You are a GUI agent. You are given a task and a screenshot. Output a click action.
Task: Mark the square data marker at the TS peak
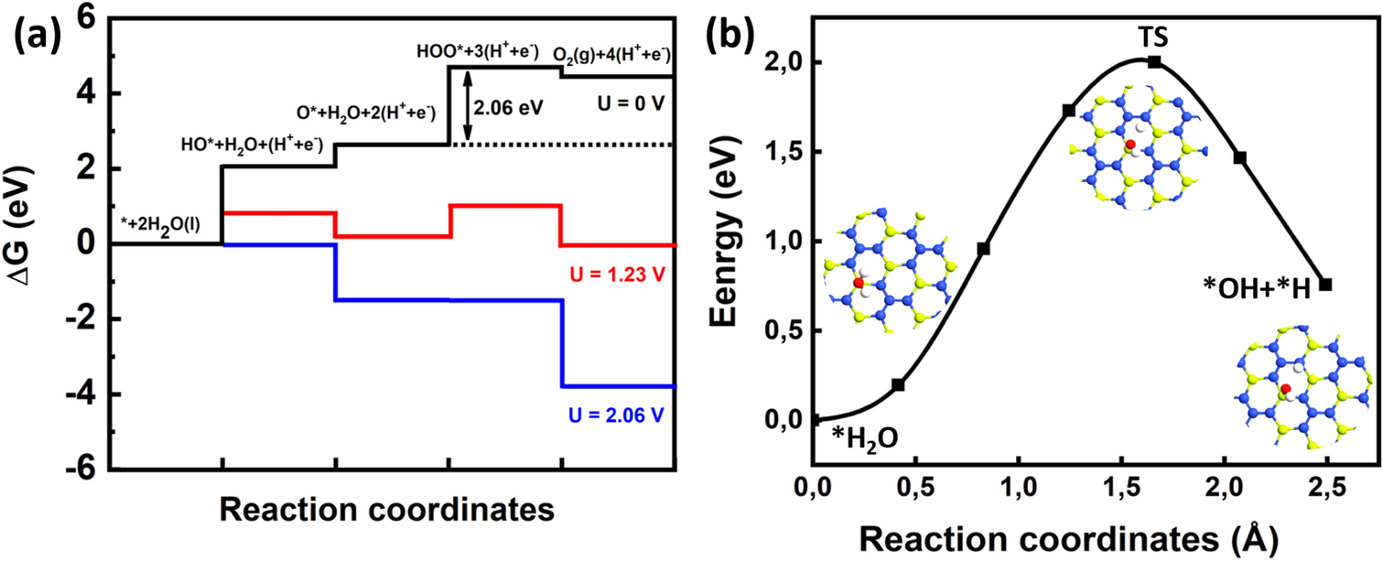pos(1155,61)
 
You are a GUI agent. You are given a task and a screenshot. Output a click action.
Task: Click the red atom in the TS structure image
pos(1130,145)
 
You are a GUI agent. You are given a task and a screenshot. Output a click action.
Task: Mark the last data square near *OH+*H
pos(1325,285)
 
